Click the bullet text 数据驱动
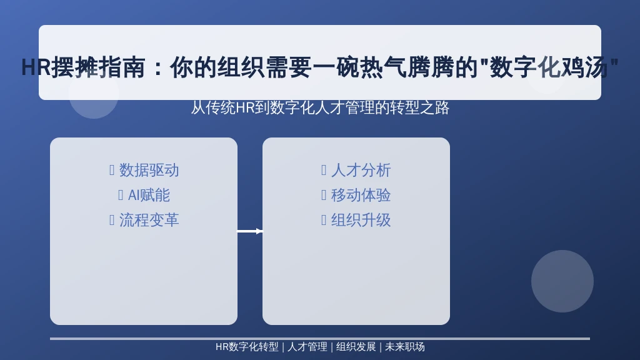(x=149, y=170)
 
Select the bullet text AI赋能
(x=149, y=195)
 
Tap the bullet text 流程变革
(x=149, y=221)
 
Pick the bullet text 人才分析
(x=361, y=170)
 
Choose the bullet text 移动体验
(x=361, y=195)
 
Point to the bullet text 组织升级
(x=361, y=221)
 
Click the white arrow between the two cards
(x=250, y=231)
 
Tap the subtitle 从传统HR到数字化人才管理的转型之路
(x=320, y=107)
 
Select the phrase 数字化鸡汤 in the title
(x=549, y=67)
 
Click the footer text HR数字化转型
(x=247, y=347)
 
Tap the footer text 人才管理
(x=307, y=347)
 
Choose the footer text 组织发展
(x=356, y=347)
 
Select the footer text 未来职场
(x=405, y=347)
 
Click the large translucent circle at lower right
(x=562, y=281)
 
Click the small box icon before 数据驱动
(x=112, y=170)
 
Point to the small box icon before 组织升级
(x=324, y=221)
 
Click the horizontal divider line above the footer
(x=320, y=339)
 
